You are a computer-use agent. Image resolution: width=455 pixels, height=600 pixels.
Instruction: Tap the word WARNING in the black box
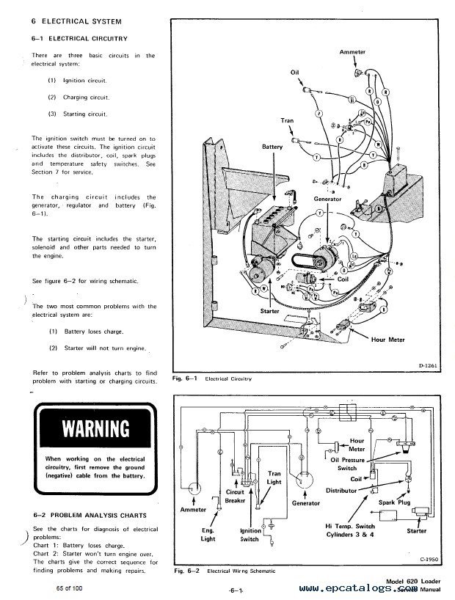click(x=94, y=428)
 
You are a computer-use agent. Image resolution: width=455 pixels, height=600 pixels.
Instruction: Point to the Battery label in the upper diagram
click(x=272, y=147)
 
